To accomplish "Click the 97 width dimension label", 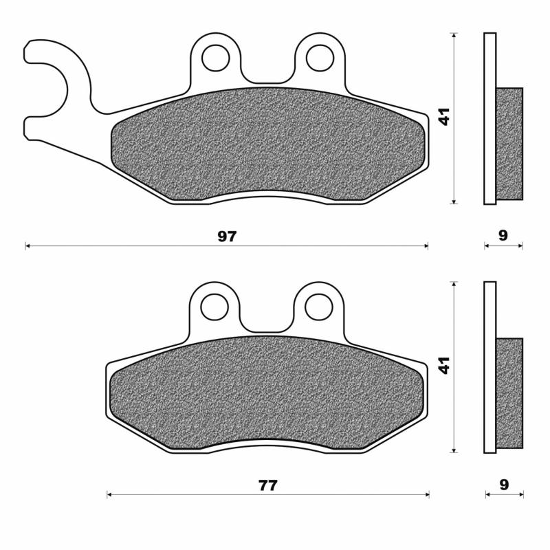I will pyautogui.click(x=227, y=236).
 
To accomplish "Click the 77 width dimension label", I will pyautogui.click(x=267, y=485).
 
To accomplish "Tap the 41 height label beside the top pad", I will pyautogui.click(x=445, y=118).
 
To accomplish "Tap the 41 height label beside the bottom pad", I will pyautogui.click(x=445, y=365).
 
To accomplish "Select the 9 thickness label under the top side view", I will pyautogui.click(x=503, y=236).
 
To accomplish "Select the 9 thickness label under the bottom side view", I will pyautogui.click(x=504, y=485).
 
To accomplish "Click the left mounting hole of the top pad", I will pyautogui.click(x=215, y=58).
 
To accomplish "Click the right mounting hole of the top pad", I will pyautogui.click(x=320, y=58).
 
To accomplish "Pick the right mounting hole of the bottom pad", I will pyautogui.click(x=318, y=306).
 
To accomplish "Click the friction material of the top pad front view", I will pyautogui.click(x=268, y=144).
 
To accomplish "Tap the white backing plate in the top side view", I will pyautogui.click(x=489, y=118).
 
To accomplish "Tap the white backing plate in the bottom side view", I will pyautogui.click(x=489, y=367).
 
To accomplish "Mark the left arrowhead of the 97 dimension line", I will pyautogui.click(x=27, y=245).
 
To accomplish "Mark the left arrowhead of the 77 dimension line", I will pyautogui.click(x=109, y=494).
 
